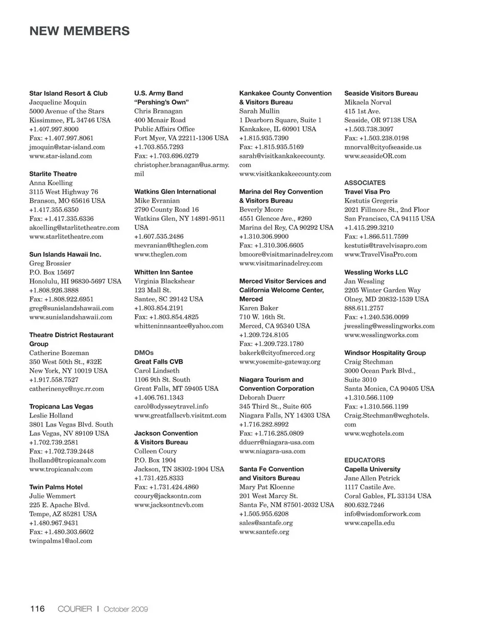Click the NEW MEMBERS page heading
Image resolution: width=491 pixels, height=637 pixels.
[79, 31]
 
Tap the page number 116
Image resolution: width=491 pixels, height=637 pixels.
[37, 608]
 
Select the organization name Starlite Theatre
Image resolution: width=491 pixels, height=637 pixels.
[53, 174]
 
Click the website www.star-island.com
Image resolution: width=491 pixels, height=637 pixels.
[60, 156]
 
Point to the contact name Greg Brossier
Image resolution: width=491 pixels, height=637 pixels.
[50, 263]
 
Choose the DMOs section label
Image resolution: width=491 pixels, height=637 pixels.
[144, 352]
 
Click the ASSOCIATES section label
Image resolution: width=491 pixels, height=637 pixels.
[365, 182]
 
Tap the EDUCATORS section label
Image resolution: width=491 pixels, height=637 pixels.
[365, 460]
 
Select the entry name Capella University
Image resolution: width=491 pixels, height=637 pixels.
[372, 469]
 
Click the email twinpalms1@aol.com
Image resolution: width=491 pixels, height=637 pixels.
[61, 540]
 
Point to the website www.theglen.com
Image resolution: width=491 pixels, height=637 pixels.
[161, 254]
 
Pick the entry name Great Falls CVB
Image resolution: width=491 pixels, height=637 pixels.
[159, 362]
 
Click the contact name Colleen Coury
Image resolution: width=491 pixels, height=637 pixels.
[155, 451]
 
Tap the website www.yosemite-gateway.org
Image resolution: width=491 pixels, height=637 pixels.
[280, 362]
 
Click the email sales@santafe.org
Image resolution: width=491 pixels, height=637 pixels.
[266, 523]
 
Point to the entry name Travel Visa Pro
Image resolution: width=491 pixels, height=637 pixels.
[367, 192]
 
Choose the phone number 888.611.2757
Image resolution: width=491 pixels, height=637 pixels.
[364, 308]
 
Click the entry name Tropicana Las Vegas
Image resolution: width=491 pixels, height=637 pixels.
[61, 407]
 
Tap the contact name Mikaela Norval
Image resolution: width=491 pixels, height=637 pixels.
[368, 102]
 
